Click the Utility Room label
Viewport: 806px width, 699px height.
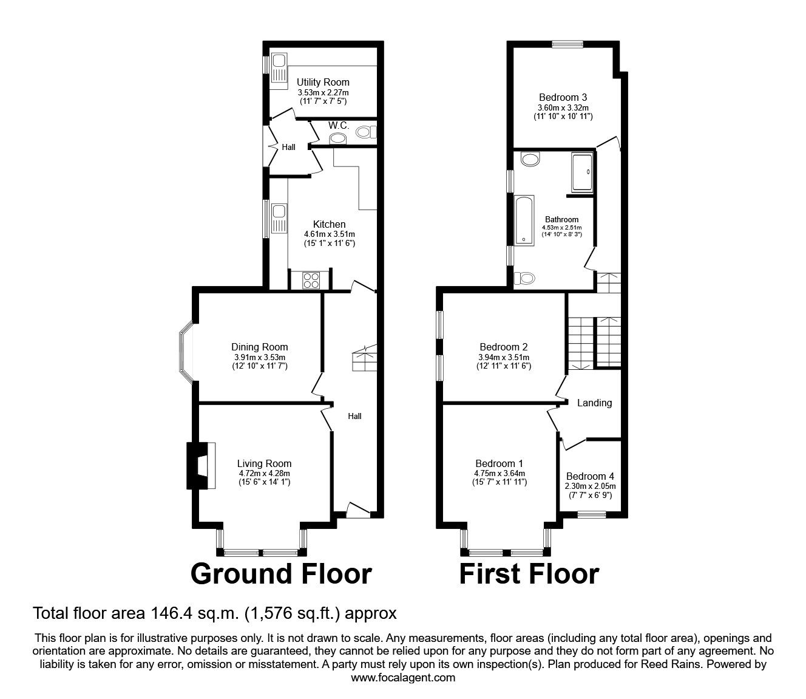(323, 82)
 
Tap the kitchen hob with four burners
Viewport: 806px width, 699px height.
(311, 280)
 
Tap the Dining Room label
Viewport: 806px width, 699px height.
(259, 347)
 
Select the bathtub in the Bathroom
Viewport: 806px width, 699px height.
(524, 220)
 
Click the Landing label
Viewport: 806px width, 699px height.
(594, 403)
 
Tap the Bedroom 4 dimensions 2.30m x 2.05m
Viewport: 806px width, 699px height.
(590, 486)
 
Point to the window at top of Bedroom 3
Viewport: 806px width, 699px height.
(567, 43)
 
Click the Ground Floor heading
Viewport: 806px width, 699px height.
(281, 574)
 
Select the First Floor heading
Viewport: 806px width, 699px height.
(529, 574)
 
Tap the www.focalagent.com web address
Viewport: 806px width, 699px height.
(403, 678)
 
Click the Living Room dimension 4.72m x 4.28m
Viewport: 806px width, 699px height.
(264, 473)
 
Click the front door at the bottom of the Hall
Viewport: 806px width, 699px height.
(357, 510)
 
